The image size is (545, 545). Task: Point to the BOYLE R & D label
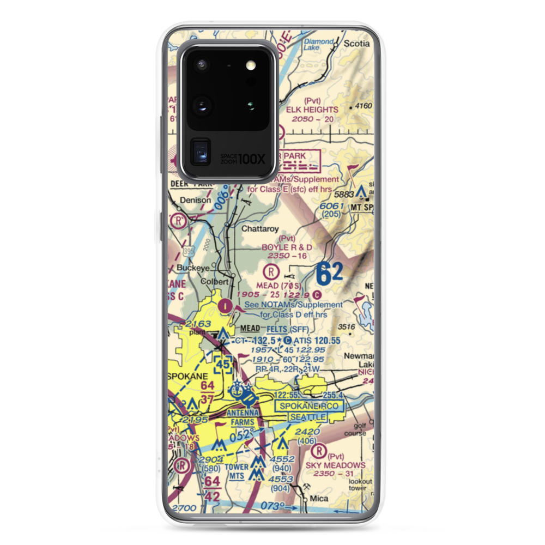click(287, 247)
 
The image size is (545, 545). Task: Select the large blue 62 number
click(329, 274)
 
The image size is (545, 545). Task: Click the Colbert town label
click(217, 282)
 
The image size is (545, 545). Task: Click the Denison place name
click(196, 200)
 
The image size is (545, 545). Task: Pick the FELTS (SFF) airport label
click(288, 330)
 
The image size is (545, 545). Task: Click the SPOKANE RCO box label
click(309, 406)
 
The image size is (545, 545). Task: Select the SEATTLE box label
click(308, 417)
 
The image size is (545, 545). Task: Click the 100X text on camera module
click(252, 159)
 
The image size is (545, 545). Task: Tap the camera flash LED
click(251, 66)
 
